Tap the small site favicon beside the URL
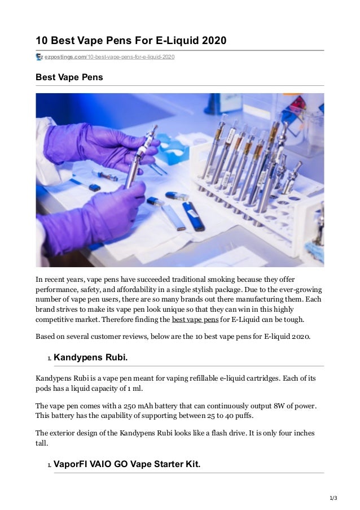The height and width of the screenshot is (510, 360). (39, 57)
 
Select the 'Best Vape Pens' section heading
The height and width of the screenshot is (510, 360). (69, 77)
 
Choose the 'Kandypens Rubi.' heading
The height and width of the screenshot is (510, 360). (94, 358)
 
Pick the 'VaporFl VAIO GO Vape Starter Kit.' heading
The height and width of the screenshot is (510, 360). (126, 465)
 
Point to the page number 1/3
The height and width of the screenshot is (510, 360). (332, 498)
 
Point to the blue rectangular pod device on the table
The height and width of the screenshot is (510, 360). (194, 215)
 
